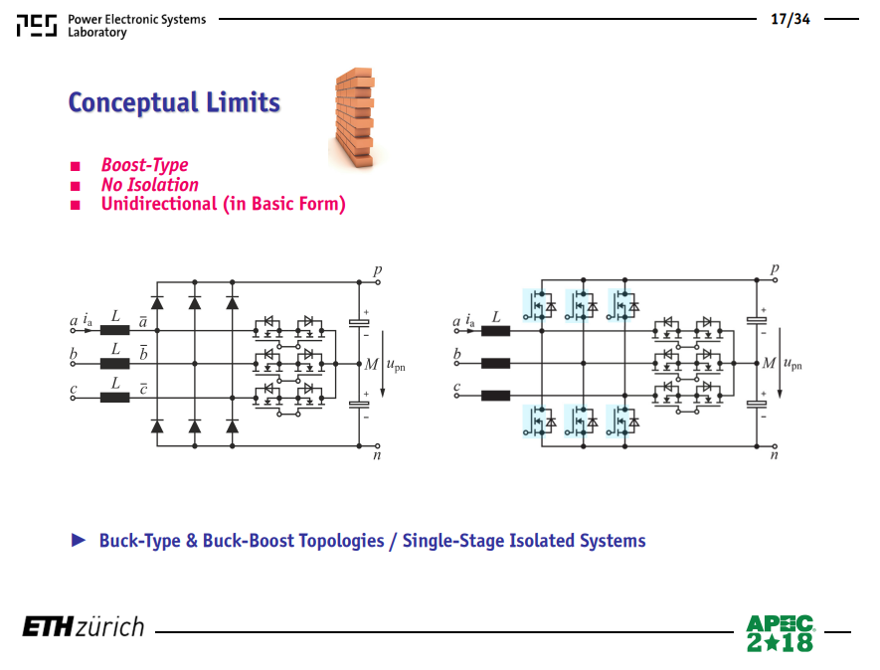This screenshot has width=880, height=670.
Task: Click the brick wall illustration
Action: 355,118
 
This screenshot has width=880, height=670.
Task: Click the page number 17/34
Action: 791,19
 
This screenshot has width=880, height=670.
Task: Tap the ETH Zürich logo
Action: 84,627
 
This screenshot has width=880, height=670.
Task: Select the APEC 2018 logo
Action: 780,633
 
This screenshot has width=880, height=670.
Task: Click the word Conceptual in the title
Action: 133,102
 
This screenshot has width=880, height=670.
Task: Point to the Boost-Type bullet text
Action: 145,165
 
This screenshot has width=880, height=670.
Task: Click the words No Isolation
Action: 150,185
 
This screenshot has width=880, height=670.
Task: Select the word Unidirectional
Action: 159,204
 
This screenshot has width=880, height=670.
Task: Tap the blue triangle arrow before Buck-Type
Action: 79,540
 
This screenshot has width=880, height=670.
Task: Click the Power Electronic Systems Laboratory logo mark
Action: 37,25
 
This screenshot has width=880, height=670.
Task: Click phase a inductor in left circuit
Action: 115,330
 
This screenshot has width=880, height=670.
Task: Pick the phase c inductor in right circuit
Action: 495,396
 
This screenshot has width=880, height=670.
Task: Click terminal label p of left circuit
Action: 378,270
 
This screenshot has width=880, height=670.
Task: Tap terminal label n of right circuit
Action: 774,455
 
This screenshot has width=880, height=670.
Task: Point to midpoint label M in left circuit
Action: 372,364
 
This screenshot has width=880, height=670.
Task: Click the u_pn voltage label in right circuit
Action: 792,364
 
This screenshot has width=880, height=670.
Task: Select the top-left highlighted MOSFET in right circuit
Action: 539,305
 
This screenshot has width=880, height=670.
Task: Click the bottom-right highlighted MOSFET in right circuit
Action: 622,420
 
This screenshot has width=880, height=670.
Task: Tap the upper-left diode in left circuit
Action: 157,303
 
